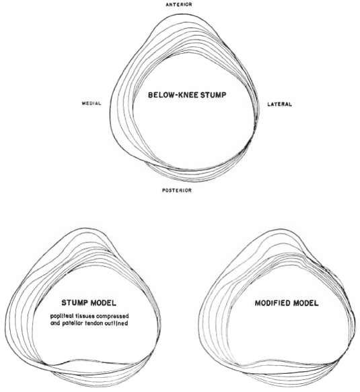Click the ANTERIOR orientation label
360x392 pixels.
[179, 5]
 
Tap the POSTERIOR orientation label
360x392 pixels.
[177, 190]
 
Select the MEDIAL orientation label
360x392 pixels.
[92, 103]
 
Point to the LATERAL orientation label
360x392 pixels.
[279, 104]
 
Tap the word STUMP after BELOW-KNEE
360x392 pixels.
[213, 95]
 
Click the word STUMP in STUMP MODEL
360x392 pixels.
[75, 302]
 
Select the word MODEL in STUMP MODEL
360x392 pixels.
[103, 303]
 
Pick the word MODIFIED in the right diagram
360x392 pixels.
[273, 303]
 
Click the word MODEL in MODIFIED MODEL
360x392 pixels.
[305, 303]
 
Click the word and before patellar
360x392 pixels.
[55, 323]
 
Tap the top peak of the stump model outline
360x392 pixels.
[84, 228]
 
